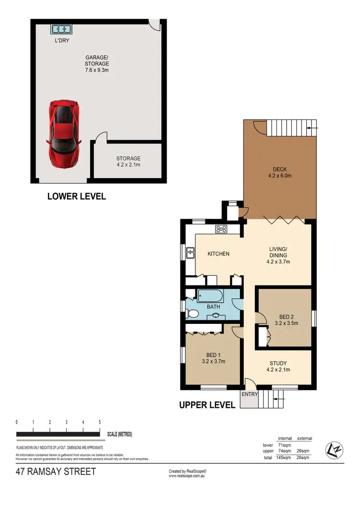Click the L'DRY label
pos(62,41)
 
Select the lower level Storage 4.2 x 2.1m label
pos(128,161)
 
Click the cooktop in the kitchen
pos(221,229)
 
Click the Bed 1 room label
pos(212,358)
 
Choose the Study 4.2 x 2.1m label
pos(277,366)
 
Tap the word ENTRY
pos(250,394)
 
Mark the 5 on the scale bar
pos(100,422)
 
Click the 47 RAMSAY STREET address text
pos(56,472)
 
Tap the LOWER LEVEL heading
pos(76,196)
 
